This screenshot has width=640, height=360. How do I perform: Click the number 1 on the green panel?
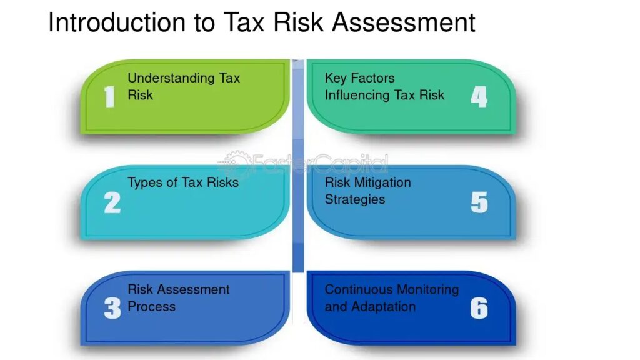(109, 97)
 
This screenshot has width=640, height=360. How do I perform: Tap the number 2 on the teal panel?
(112, 203)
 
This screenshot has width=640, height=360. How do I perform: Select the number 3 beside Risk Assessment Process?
(112, 308)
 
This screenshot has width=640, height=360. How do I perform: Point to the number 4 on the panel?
(479, 97)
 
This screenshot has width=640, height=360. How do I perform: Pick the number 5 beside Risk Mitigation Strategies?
(479, 203)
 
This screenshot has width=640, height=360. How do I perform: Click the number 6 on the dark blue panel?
(479, 308)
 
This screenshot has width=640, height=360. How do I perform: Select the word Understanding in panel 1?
(171, 78)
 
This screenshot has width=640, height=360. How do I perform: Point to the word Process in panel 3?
(151, 306)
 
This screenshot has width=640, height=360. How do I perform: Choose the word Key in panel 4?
(336, 78)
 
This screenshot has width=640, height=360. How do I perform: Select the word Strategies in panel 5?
(355, 199)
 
